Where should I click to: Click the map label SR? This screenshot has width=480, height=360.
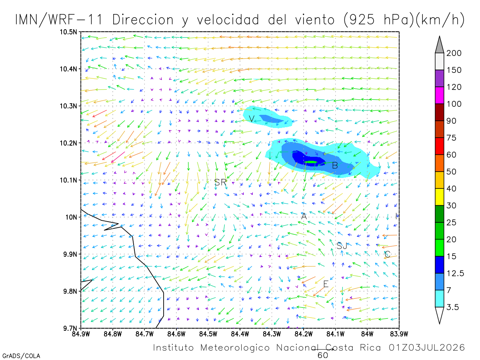[x=220, y=182]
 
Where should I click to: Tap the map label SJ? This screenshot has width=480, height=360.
[x=342, y=246]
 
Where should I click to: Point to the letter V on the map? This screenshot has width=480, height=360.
[x=252, y=119]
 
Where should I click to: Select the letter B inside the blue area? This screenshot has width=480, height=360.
[x=335, y=166]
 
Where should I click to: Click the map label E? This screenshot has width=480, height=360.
[x=326, y=284]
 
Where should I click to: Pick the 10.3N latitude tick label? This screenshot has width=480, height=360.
[x=68, y=106]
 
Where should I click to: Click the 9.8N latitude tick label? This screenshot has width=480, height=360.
[x=70, y=291]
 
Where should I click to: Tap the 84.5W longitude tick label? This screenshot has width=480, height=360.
[x=208, y=334]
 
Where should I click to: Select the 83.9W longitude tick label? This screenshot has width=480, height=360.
[x=399, y=334]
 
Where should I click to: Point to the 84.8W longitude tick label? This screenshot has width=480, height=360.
[x=113, y=334]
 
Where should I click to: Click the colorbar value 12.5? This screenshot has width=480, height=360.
[x=455, y=273]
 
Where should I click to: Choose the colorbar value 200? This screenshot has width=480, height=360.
[x=454, y=53]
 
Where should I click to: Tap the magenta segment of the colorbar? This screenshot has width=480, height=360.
[x=439, y=95]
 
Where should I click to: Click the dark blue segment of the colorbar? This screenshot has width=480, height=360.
[x=439, y=265]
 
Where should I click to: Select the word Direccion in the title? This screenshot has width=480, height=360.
[x=143, y=20]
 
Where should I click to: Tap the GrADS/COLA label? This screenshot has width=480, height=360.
[x=21, y=356]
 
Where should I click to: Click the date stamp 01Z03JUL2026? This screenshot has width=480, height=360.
[x=426, y=348]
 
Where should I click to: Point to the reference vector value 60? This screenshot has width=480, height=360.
[x=323, y=356]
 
